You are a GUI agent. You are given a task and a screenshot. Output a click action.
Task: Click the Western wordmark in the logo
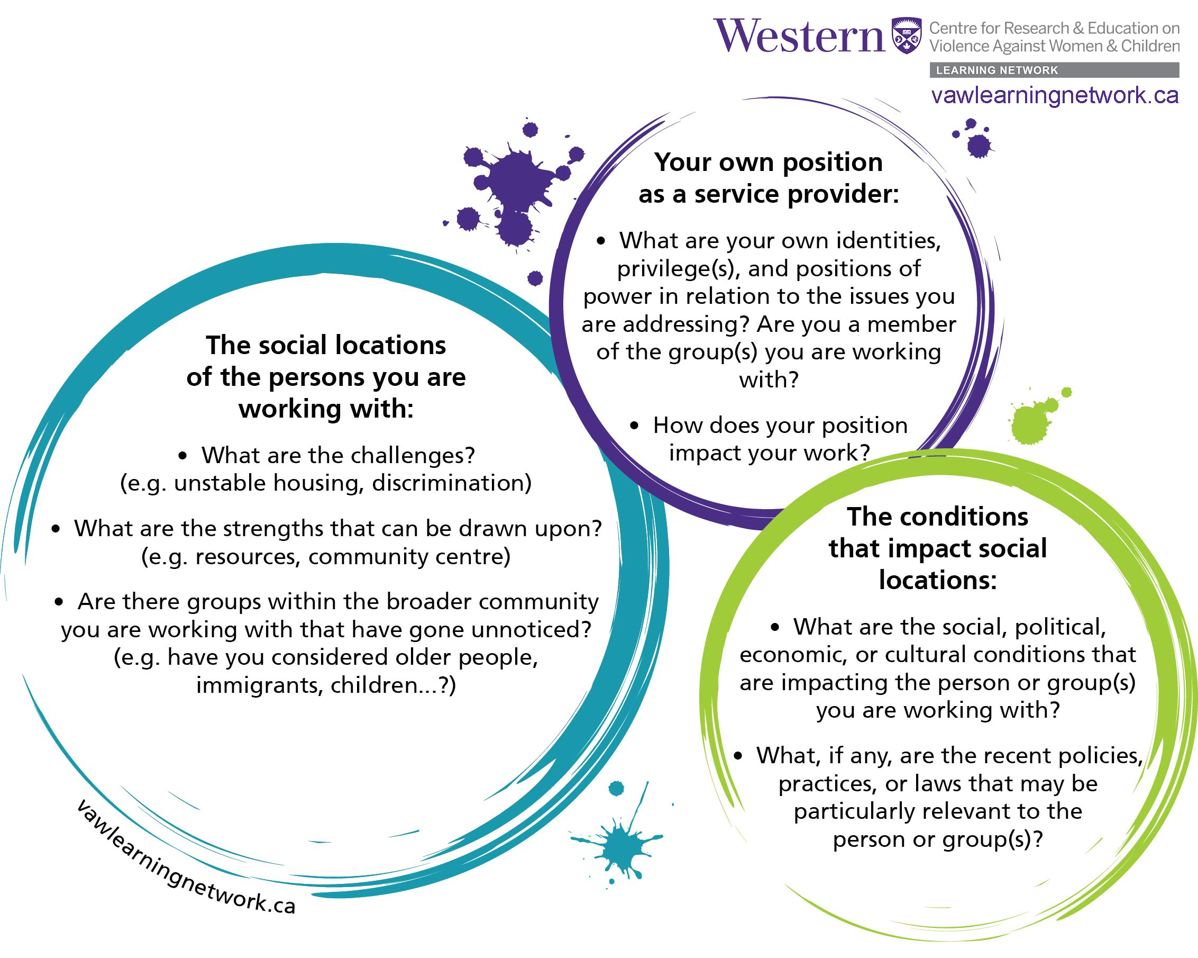(x=799, y=36)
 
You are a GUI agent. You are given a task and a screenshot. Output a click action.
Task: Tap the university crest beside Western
(x=906, y=35)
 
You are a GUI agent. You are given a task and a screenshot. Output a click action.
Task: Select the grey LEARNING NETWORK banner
(x=1054, y=70)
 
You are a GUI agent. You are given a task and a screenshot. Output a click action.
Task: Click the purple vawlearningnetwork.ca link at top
(x=1055, y=95)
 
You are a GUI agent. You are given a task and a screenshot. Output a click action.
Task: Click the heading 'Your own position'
(x=769, y=162)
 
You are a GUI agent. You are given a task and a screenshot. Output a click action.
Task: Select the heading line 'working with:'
(x=326, y=409)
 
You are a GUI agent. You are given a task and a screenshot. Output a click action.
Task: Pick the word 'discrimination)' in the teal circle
(x=452, y=483)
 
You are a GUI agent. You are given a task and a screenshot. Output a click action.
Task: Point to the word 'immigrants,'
(x=260, y=685)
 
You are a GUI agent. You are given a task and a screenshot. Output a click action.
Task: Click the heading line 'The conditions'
(x=937, y=517)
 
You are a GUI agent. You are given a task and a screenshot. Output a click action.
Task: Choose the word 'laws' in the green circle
(x=938, y=783)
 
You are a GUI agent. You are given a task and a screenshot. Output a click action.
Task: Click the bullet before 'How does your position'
(x=635, y=426)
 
